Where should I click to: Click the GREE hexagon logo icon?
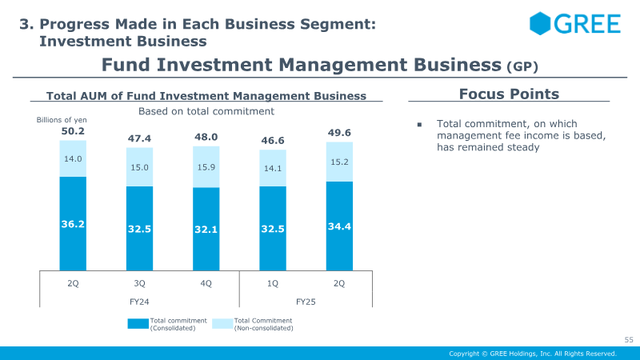pyautogui.click(x=540, y=23)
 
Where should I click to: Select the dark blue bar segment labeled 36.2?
pyautogui.click(x=73, y=224)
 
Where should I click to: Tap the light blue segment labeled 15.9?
pyautogui.click(x=206, y=167)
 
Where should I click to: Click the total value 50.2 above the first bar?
pyautogui.click(x=73, y=131)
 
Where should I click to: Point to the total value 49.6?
pyautogui.click(x=339, y=133)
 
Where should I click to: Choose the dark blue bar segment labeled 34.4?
pyautogui.click(x=339, y=226)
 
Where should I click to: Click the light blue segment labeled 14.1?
pyautogui.click(x=273, y=168)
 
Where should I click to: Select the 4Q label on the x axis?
pyautogui.click(x=206, y=283)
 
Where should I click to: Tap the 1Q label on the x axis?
pyautogui.click(x=273, y=283)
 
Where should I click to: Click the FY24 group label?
pyautogui.click(x=139, y=302)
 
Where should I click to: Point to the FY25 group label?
pyautogui.click(x=306, y=302)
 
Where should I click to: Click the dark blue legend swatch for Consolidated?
pyautogui.click(x=138, y=324)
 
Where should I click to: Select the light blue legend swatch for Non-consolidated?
pyautogui.click(x=222, y=324)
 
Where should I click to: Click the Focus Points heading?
pyautogui.click(x=509, y=94)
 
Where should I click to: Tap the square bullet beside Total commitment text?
pyautogui.click(x=419, y=125)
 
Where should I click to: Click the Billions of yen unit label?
pyautogui.click(x=62, y=119)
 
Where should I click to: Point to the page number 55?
pyautogui.click(x=629, y=339)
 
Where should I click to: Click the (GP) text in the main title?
pyautogui.click(x=522, y=66)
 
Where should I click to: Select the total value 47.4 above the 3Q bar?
pyautogui.click(x=139, y=138)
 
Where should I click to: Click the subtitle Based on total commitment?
pyautogui.click(x=206, y=111)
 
